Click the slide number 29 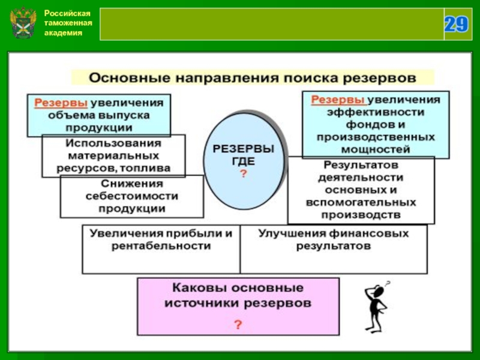456,24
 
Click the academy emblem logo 24,24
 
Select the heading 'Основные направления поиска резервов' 253,78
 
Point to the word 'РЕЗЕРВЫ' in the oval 244,148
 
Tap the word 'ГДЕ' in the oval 244,161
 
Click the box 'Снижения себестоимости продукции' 132,196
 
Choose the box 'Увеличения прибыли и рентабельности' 160,249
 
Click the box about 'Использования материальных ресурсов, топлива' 113,156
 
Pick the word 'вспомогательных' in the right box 361,202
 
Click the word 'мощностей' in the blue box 376,149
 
